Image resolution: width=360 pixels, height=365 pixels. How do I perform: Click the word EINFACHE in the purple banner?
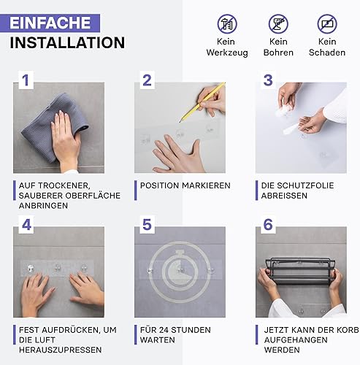coord(50,23)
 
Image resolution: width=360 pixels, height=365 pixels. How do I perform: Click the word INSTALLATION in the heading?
coord(67,43)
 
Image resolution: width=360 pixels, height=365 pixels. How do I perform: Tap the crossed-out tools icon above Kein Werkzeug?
coord(227,24)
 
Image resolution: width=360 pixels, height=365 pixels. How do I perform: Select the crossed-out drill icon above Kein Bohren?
coord(278,24)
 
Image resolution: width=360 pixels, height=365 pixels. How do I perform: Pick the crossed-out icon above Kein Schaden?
coord(327,24)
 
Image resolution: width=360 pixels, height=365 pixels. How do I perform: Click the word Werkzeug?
coord(227,53)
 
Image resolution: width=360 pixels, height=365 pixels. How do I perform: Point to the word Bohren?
coord(278,53)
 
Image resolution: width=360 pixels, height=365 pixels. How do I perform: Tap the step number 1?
coord(26,80)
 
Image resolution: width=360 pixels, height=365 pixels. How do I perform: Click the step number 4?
coord(26,224)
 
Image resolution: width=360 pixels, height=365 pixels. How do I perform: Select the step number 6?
coord(268,224)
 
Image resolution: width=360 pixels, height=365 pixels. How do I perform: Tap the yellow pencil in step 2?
coord(202,102)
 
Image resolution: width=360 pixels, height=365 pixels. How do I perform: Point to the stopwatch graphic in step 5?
coord(180,272)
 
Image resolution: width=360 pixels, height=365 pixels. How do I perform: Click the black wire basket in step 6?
coord(301,272)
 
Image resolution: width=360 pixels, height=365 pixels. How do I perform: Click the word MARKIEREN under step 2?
coord(206,185)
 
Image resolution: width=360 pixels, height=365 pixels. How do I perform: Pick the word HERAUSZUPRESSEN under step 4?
coord(61,350)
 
